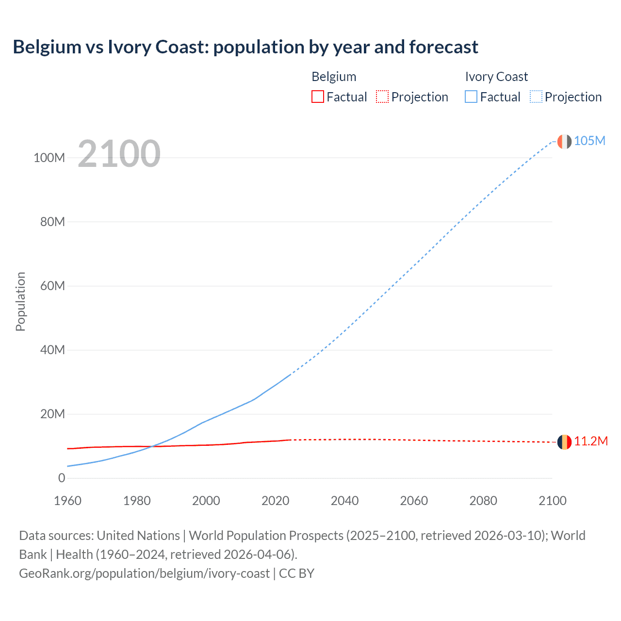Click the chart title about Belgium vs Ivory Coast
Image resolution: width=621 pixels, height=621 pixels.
[245, 47]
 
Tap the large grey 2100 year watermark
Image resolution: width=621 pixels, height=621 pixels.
[119, 154]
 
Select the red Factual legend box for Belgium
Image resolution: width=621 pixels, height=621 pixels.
[317, 97]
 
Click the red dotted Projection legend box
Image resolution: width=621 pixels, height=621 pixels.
[382, 97]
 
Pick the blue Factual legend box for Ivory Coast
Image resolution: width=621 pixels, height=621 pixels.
[471, 97]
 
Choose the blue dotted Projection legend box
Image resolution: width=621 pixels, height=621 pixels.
[536, 97]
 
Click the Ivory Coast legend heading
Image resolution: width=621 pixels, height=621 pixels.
[496, 77]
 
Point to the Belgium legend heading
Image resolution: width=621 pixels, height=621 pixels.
[334, 77]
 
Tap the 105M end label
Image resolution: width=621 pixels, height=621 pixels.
[589, 141]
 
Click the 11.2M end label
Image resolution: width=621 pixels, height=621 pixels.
[590, 441]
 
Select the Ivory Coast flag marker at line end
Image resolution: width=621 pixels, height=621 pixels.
[564, 142]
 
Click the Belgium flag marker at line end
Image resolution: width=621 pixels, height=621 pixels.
[564, 442]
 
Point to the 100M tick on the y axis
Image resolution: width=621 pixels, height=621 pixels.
[49, 158]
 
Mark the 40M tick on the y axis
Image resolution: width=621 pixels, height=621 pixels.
[52, 350]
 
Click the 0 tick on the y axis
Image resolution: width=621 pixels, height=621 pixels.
[61, 478]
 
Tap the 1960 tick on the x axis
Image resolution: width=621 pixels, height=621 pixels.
[67, 501]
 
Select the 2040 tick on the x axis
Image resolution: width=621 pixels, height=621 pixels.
[344, 501]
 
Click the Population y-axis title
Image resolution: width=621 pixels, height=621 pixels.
[20, 301]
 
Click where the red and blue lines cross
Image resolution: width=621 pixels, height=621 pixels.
[151, 446]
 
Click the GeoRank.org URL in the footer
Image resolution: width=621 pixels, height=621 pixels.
[144, 573]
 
